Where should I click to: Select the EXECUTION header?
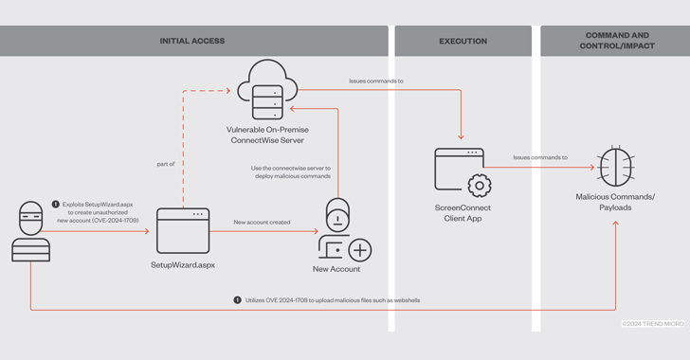(463, 42)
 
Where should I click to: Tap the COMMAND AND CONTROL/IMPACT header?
(619, 41)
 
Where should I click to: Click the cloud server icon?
(266, 88)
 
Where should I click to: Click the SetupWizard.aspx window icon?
(182, 229)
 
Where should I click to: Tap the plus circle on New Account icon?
(359, 250)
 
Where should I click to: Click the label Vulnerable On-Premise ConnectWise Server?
(267, 135)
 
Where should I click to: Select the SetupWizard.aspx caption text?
(183, 266)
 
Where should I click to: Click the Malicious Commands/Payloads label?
(615, 202)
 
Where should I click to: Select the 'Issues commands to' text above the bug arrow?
(540, 157)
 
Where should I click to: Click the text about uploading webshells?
(333, 299)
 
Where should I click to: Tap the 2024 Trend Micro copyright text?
(653, 324)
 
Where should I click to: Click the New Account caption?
(336, 270)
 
